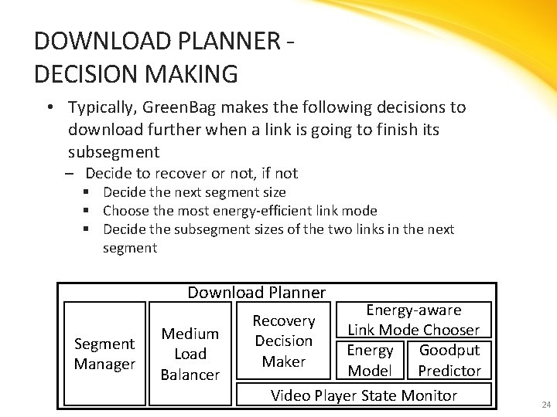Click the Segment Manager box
tap(104, 354)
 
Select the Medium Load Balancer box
tap(190, 354)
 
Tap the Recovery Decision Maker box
tap(284, 341)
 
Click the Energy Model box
tap(370, 360)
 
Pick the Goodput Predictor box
tap(449, 360)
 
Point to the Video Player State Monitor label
tap(364, 395)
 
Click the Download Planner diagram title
tap(256, 292)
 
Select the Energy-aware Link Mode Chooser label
tap(414, 320)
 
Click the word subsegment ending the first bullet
tap(114, 151)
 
